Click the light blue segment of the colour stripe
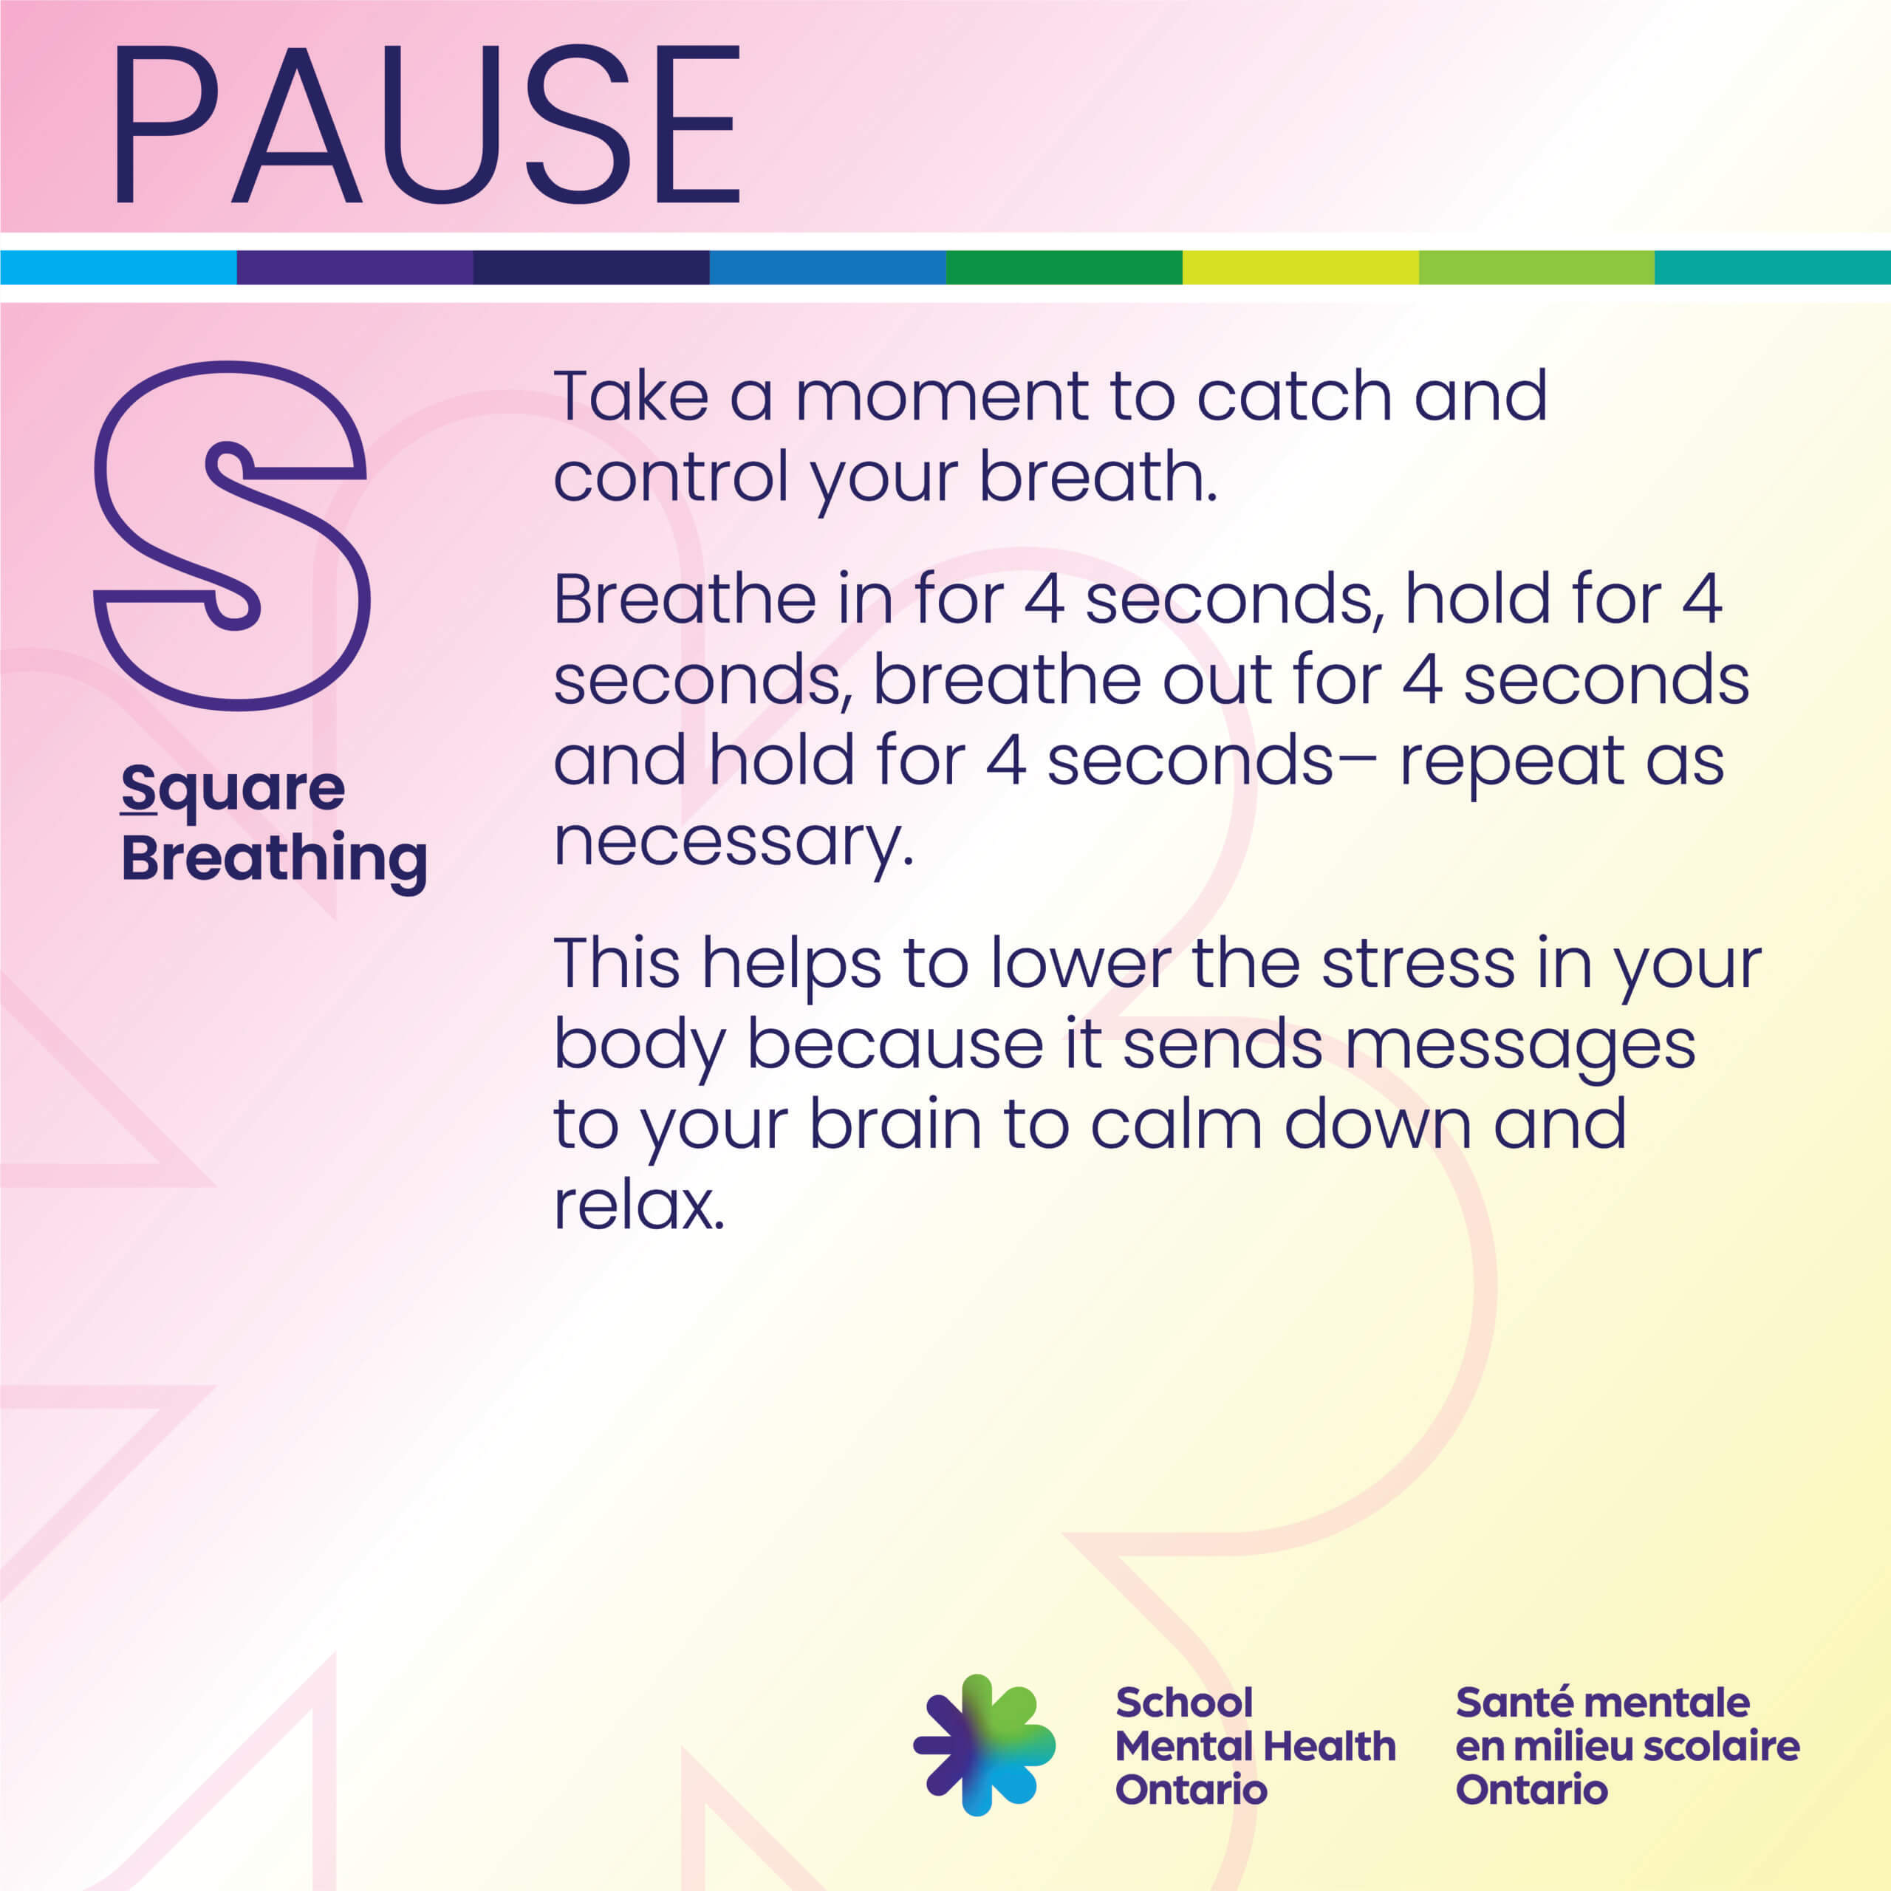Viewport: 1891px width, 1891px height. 118,267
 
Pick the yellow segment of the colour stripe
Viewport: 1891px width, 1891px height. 1301,267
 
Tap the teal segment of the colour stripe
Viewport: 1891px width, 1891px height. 1773,267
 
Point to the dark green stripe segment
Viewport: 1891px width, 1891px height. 1064,267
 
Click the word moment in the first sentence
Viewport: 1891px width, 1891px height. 940,397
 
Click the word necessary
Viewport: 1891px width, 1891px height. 733,843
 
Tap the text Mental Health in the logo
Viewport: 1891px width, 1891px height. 1255,1746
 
